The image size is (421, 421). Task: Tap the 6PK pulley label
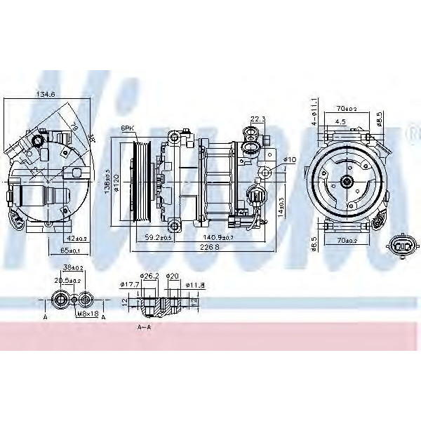click(x=128, y=128)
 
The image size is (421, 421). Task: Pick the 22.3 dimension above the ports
click(x=258, y=119)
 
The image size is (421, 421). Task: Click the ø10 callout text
click(x=290, y=160)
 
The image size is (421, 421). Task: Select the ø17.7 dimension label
click(x=128, y=284)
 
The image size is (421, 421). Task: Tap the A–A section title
click(x=144, y=326)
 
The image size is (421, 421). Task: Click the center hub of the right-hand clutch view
click(x=347, y=181)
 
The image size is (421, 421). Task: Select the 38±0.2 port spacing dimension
click(x=73, y=267)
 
